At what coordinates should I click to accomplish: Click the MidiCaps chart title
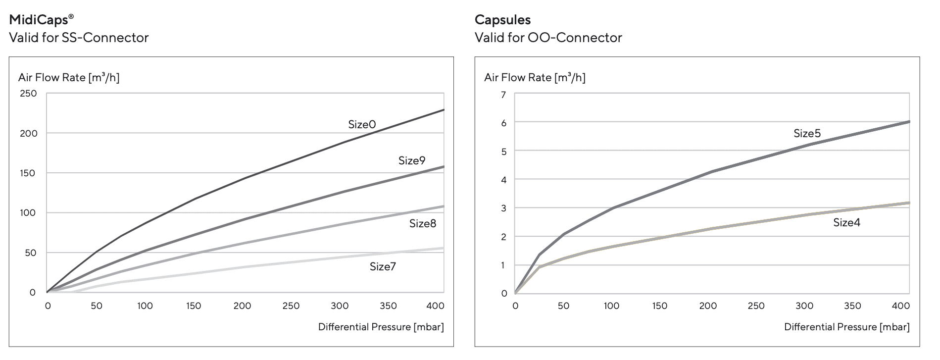[42, 20]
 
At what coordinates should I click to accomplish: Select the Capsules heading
[502, 20]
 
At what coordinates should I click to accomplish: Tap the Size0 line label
[362, 124]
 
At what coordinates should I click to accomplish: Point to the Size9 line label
[412, 160]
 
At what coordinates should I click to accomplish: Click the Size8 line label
[423, 223]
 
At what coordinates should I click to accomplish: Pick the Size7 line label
[383, 266]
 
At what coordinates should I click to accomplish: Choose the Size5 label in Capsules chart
[807, 133]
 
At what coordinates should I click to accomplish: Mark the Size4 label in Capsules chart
[846, 222]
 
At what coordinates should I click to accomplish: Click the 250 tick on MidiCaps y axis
[28, 94]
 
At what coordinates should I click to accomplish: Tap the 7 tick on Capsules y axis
[503, 95]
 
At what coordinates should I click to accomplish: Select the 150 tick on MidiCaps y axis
[28, 173]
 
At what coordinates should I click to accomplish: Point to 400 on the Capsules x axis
[900, 306]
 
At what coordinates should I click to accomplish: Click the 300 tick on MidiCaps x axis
[340, 306]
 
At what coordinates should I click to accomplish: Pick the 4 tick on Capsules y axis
[503, 180]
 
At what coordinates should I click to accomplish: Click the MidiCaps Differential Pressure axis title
[381, 327]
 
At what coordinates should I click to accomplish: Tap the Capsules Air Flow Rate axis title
[535, 77]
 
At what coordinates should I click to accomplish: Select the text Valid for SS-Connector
[79, 38]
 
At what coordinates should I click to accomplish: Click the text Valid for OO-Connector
[548, 38]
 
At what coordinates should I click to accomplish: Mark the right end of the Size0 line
[444, 110]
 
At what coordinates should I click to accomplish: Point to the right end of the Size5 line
[909, 122]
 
